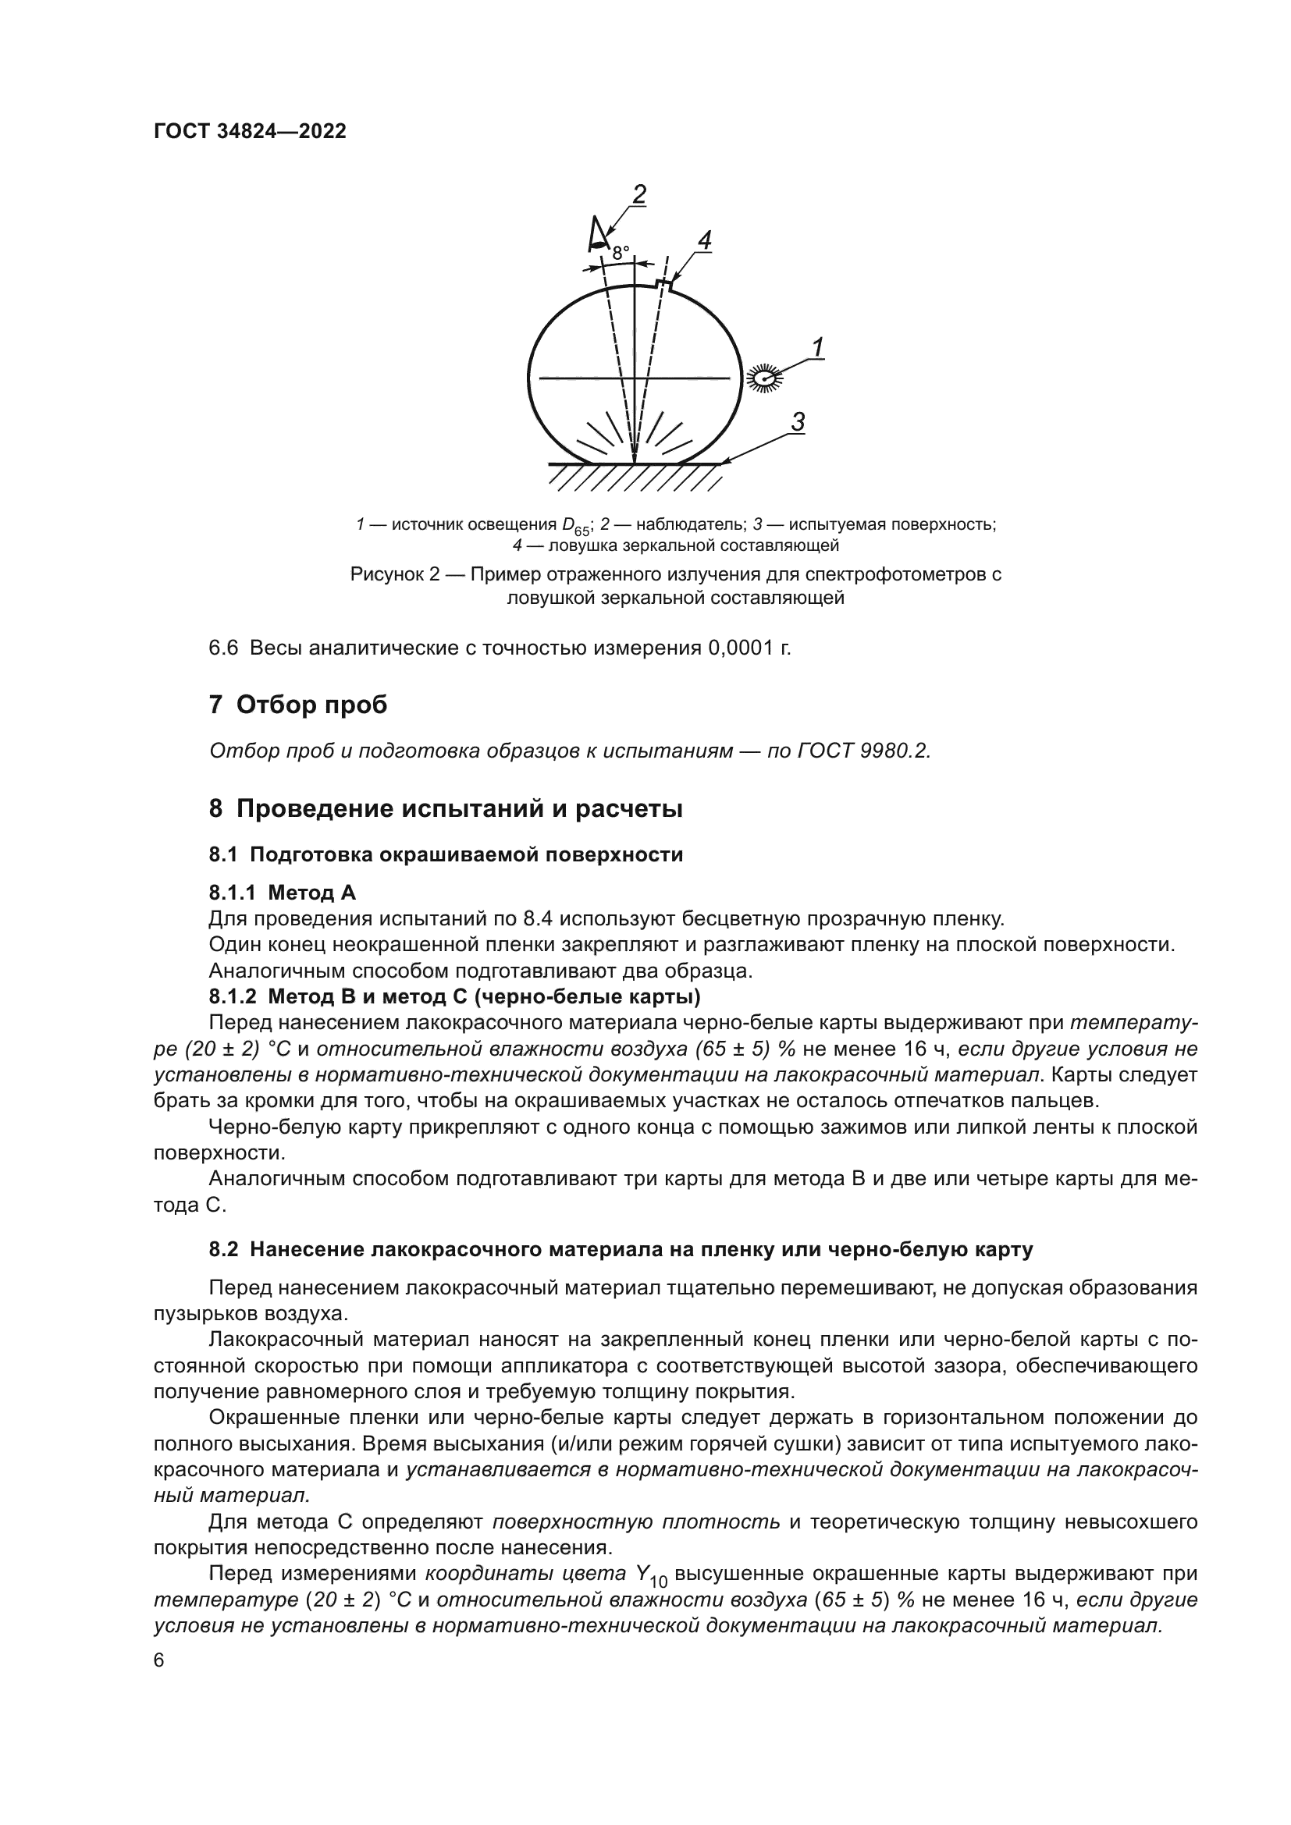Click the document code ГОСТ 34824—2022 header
click(250, 132)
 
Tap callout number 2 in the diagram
click(638, 194)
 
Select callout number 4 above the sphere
click(703, 240)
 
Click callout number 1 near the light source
click(816, 347)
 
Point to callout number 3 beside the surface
click(798, 422)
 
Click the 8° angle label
click(620, 253)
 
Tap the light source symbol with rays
click(765, 378)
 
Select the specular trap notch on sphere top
click(663, 285)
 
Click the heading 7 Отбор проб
click(298, 705)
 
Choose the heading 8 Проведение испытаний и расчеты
click(446, 809)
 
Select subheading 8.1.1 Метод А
click(283, 893)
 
